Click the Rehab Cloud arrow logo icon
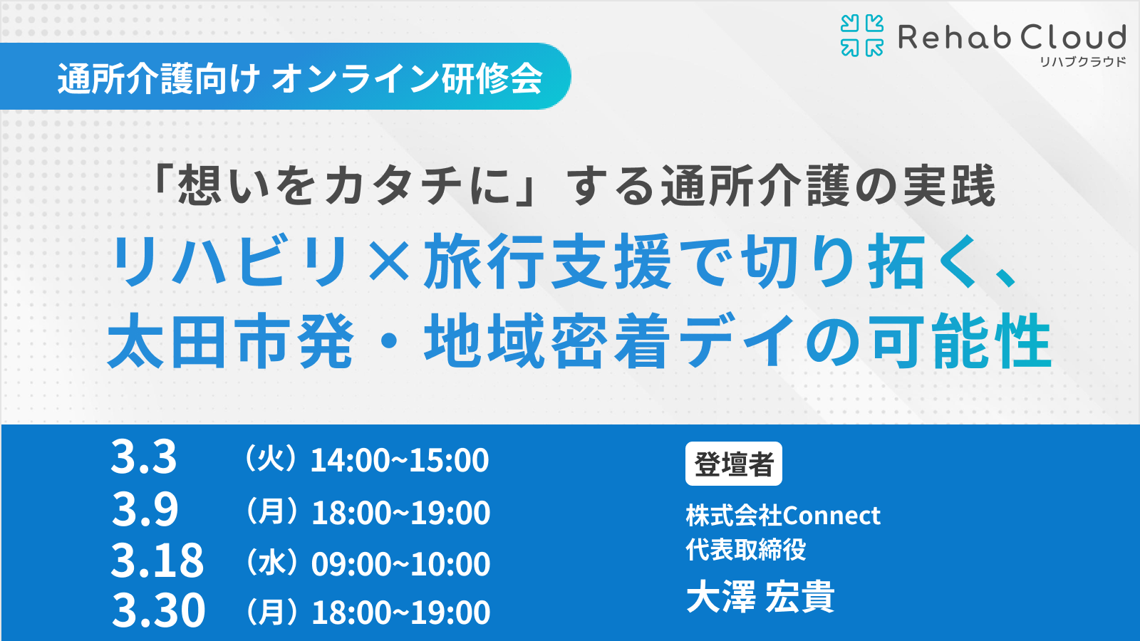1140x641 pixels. (861, 36)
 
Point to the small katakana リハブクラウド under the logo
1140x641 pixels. (1082, 62)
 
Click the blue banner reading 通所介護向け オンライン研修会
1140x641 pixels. (285, 76)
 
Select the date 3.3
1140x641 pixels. (144, 457)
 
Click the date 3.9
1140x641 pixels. (145, 509)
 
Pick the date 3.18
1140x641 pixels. (157, 560)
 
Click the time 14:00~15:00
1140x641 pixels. (400, 460)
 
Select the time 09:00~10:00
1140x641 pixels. (401, 564)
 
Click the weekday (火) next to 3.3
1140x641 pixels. (270, 459)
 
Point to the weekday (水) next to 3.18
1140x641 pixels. (271, 563)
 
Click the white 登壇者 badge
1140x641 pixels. (734, 464)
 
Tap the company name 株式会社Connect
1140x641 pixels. (783, 516)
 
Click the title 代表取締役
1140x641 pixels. (746, 549)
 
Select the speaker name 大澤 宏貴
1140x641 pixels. (761, 596)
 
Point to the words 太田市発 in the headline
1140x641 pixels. (230, 341)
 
